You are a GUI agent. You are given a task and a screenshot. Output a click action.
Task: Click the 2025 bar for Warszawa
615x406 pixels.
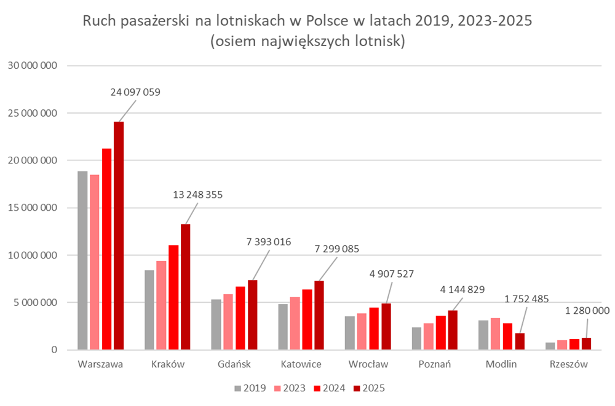point(119,236)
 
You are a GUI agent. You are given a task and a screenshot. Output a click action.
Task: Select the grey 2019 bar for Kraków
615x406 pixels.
point(149,310)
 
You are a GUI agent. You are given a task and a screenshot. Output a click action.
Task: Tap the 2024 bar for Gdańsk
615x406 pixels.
point(240,318)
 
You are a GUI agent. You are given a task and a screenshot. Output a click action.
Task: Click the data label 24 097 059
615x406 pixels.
point(135,93)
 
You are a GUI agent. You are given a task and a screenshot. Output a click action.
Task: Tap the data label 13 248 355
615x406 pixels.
point(198,195)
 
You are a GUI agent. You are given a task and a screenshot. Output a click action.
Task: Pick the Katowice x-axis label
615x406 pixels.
point(301,364)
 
